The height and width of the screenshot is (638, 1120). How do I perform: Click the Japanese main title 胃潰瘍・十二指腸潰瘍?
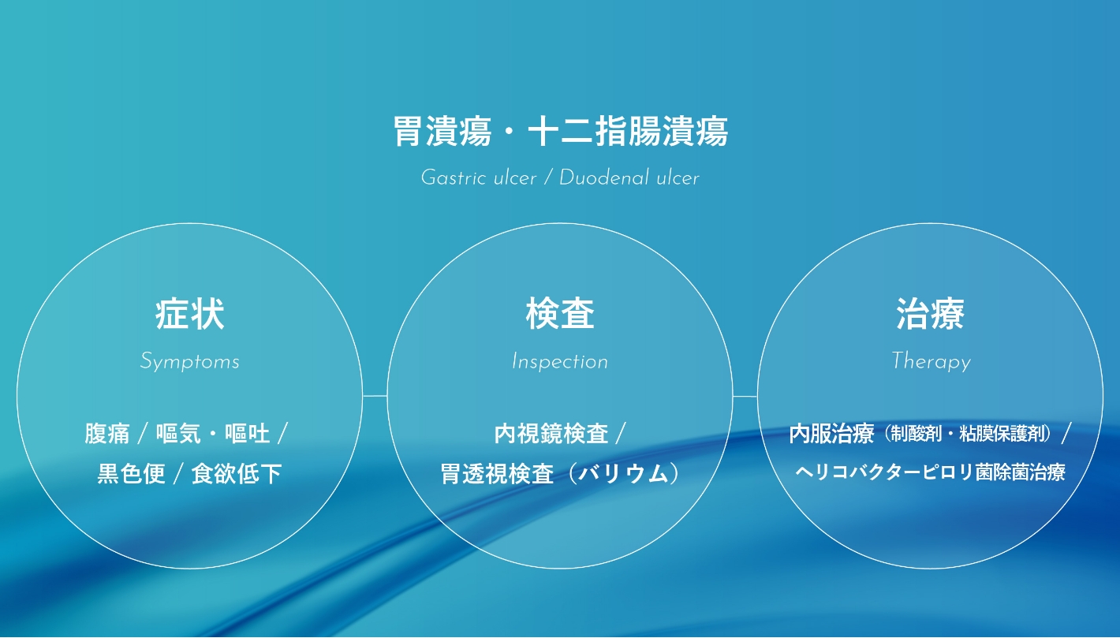point(560,131)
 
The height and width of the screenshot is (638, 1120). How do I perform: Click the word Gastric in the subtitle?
point(454,177)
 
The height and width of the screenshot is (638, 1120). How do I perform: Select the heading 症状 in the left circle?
point(189,314)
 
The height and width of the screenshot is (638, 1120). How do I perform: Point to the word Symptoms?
point(190,361)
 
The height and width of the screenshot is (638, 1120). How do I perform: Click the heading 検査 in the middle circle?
point(560,314)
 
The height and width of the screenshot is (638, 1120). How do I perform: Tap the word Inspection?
point(560,361)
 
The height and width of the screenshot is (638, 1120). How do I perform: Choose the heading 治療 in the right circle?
point(930,314)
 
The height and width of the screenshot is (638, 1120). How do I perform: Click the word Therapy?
point(931,361)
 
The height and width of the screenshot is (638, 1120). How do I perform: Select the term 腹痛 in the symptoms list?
point(107,434)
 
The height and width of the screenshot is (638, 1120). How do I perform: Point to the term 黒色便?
point(131,473)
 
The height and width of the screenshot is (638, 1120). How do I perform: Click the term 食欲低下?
point(237,473)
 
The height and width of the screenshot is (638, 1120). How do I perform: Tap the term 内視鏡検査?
point(551,434)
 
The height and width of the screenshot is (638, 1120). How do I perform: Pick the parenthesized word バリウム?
point(624,473)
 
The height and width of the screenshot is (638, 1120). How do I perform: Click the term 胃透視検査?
point(497,473)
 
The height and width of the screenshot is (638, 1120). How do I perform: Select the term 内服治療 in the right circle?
point(831,434)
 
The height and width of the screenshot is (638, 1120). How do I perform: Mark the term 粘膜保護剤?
point(1002,434)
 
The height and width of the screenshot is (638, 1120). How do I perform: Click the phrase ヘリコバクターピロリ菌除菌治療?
point(930,472)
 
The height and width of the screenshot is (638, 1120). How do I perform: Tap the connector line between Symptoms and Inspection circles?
point(375,396)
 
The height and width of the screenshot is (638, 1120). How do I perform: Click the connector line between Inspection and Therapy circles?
point(745,396)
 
